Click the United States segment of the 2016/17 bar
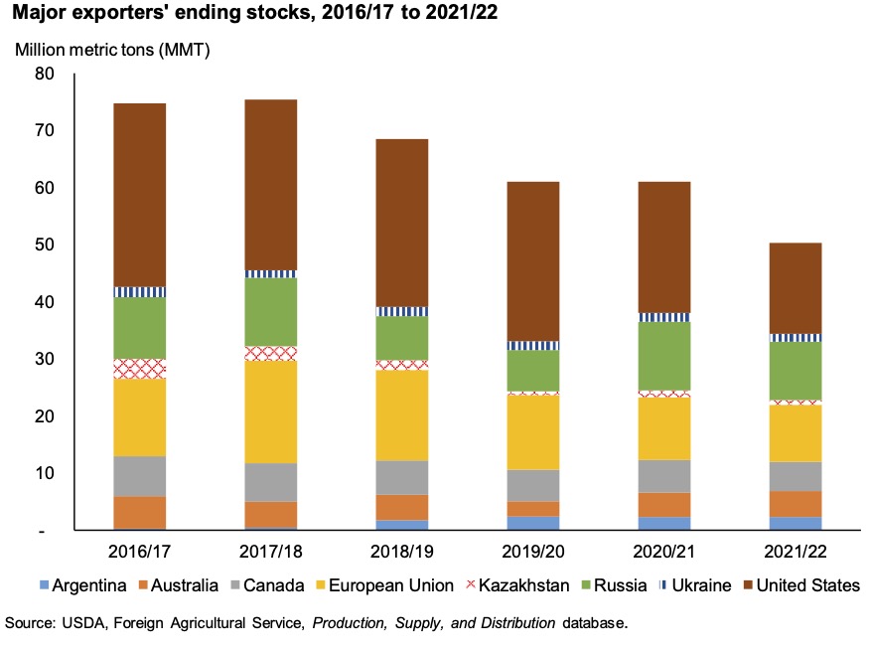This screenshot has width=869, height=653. pos(140,195)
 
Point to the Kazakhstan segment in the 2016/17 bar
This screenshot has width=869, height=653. pos(140,369)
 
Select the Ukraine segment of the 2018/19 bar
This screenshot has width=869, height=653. pos(401,311)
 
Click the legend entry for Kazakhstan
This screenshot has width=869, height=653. pos(522,585)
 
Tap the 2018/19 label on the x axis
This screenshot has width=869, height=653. pos(401,552)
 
